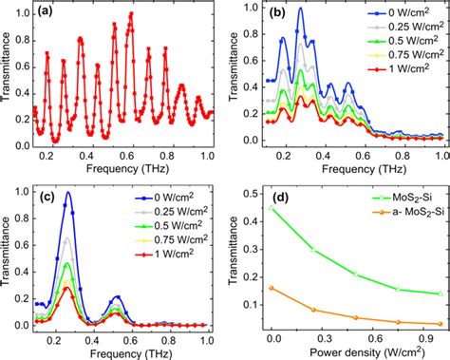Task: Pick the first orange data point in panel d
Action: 274,287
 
